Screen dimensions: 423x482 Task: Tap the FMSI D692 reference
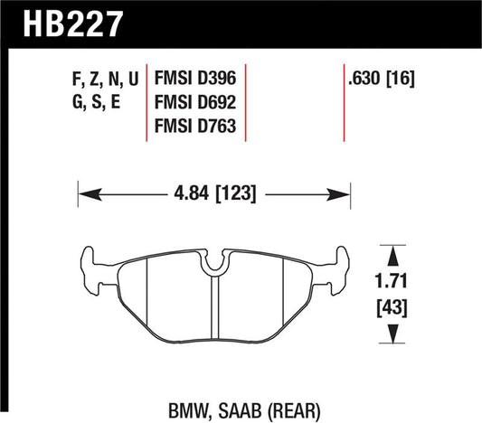pyautogui.click(x=196, y=102)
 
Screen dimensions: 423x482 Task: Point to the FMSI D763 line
pyautogui.click(x=196, y=127)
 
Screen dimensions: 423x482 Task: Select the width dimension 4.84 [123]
pyautogui.click(x=213, y=193)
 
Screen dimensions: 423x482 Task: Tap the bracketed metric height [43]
pyautogui.click(x=390, y=307)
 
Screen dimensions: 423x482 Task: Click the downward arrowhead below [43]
pyautogui.click(x=390, y=336)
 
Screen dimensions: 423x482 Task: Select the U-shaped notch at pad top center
pyautogui.click(x=214, y=262)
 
